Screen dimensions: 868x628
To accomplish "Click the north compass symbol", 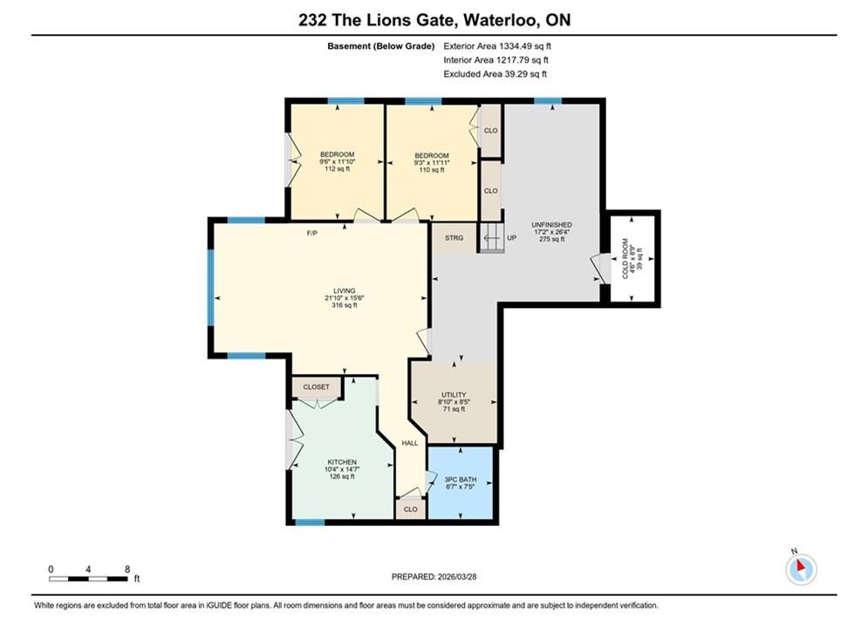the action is [801, 569].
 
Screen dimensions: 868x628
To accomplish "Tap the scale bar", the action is [89, 579].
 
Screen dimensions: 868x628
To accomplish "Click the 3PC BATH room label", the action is [461, 480].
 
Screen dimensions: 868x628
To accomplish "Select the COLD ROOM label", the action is [625, 258].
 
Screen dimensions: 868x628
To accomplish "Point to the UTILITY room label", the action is [454, 394].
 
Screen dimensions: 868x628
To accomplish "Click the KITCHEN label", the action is [342, 462].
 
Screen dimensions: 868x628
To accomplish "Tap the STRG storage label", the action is [454, 238].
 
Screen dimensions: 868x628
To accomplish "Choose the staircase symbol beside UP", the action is [491, 238].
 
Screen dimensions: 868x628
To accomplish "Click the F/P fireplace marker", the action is [312, 234].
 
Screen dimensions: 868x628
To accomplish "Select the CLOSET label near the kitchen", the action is [316, 386].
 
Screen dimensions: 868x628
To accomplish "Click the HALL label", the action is [410, 443].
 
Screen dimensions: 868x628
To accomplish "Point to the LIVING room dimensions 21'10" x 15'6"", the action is [345, 297].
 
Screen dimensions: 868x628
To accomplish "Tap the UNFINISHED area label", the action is [552, 225].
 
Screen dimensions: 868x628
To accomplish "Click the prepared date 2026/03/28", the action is [457, 577].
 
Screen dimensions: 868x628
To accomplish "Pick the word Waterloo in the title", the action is [501, 20].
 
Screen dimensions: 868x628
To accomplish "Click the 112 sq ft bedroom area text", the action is [337, 168].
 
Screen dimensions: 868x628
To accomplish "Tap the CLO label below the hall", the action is [411, 509].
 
